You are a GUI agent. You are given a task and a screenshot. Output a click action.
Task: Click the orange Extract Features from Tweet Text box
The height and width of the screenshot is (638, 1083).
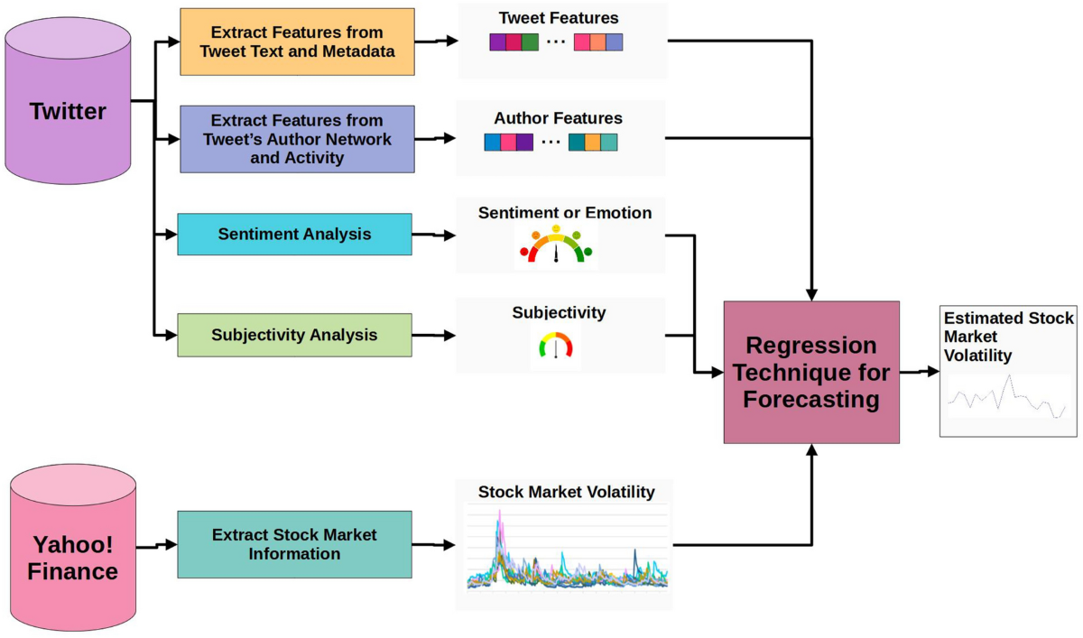[x=297, y=42]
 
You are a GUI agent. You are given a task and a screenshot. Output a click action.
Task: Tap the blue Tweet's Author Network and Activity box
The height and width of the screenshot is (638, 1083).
[x=297, y=139]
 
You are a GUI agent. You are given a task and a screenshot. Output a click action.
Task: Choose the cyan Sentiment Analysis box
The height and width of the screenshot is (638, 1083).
[x=294, y=235]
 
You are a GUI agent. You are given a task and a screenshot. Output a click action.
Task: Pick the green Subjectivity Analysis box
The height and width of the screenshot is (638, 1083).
[x=294, y=335]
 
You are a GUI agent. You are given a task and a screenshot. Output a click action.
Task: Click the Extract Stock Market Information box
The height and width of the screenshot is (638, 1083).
[x=294, y=544]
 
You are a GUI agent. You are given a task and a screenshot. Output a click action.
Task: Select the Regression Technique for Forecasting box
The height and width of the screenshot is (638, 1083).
[x=811, y=372]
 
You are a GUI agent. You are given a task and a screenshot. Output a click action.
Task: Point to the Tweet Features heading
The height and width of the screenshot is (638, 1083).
[x=559, y=18]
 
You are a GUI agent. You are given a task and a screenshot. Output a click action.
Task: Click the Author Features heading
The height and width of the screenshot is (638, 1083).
[x=558, y=118]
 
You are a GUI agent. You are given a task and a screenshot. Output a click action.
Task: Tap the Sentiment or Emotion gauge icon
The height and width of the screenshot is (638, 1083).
[x=556, y=245]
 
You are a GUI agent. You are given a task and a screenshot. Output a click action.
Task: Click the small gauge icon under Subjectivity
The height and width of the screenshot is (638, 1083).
[x=555, y=346]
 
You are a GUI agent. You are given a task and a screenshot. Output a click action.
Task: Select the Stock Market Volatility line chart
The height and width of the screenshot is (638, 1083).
[x=567, y=550]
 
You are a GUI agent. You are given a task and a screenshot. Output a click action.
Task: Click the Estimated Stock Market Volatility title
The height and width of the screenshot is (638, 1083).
[x=1008, y=337]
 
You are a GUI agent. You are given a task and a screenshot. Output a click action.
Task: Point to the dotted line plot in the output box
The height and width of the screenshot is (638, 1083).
[x=1007, y=398]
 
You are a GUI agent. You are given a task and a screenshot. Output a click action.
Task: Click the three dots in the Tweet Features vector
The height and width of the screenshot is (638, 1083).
[x=556, y=42]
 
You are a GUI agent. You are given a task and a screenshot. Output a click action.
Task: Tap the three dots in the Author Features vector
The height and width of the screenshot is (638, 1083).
[x=551, y=143]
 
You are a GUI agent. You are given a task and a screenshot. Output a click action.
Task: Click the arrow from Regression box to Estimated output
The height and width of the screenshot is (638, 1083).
[x=919, y=372]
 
